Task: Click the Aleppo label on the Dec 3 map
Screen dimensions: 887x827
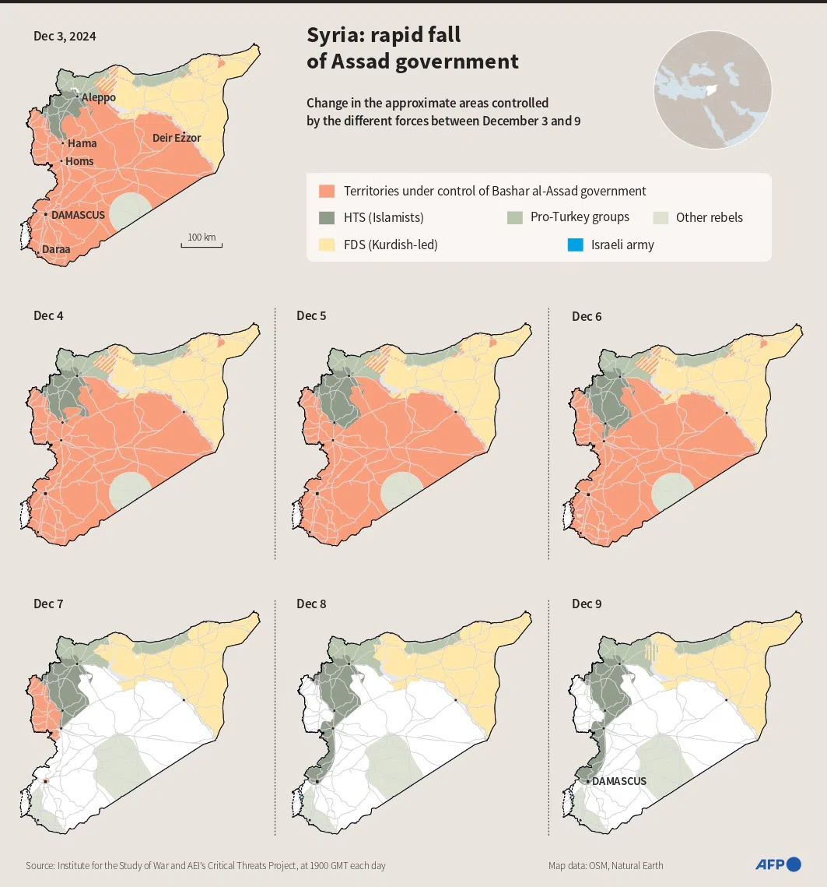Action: [99, 97]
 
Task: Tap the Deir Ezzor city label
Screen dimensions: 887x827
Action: [177, 138]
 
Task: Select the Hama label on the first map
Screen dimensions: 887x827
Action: [82, 143]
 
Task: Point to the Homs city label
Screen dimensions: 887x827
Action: [79, 161]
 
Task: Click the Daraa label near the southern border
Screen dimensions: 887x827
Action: [55, 249]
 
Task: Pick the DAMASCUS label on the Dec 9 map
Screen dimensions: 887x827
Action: [619, 781]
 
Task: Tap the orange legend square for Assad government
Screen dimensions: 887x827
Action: [327, 191]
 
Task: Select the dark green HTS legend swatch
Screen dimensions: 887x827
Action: [327, 218]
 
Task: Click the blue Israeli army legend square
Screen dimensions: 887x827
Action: [576, 245]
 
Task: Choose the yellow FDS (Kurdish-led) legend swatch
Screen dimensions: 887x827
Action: [327, 245]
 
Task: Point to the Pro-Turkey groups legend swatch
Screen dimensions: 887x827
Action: [514, 217]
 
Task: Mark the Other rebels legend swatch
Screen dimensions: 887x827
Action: [660, 217]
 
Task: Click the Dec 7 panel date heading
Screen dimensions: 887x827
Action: [49, 604]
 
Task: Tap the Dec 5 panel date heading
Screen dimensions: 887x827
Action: [312, 316]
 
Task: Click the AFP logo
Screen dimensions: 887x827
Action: [777, 864]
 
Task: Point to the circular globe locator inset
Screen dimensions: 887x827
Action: [713, 90]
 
